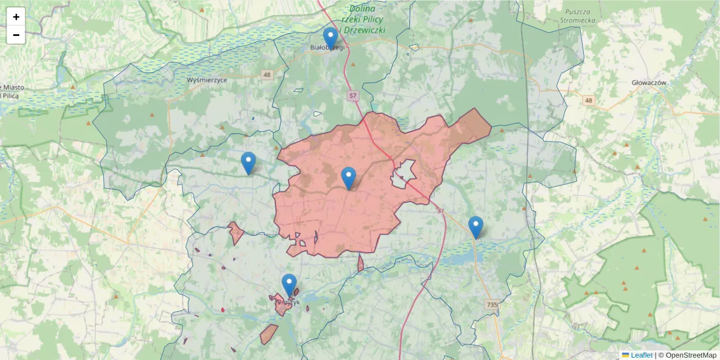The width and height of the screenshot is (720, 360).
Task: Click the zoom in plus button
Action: click(x=16, y=17)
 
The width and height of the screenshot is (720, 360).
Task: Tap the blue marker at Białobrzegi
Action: click(x=331, y=38)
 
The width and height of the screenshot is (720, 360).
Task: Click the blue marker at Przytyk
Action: click(x=289, y=284)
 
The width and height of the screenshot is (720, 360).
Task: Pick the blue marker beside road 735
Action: click(x=476, y=227)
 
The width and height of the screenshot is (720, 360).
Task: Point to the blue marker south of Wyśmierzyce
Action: click(x=248, y=163)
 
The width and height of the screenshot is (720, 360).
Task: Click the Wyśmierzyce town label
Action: click(x=206, y=80)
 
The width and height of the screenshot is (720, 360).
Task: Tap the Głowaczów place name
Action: click(x=649, y=82)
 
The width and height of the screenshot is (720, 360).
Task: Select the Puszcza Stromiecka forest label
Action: click(x=580, y=16)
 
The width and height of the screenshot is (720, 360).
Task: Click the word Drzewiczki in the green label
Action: click(x=365, y=30)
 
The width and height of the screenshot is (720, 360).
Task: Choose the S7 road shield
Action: click(x=353, y=95)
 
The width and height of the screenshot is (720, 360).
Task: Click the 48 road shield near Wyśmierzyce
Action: click(x=267, y=74)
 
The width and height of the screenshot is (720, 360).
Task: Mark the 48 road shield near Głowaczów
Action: click(x=589, y=101)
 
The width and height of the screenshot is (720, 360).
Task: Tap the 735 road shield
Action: click(x=492, y=305)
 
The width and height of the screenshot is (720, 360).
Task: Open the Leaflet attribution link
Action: click(x=641, y=355)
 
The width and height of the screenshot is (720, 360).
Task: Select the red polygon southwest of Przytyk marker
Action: click(x=268, y=334)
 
